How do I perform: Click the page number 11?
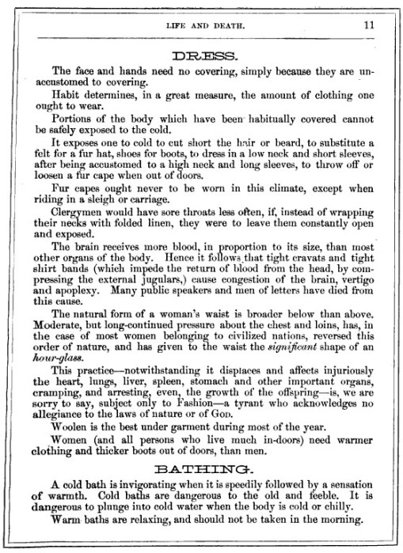pos(368,25)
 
